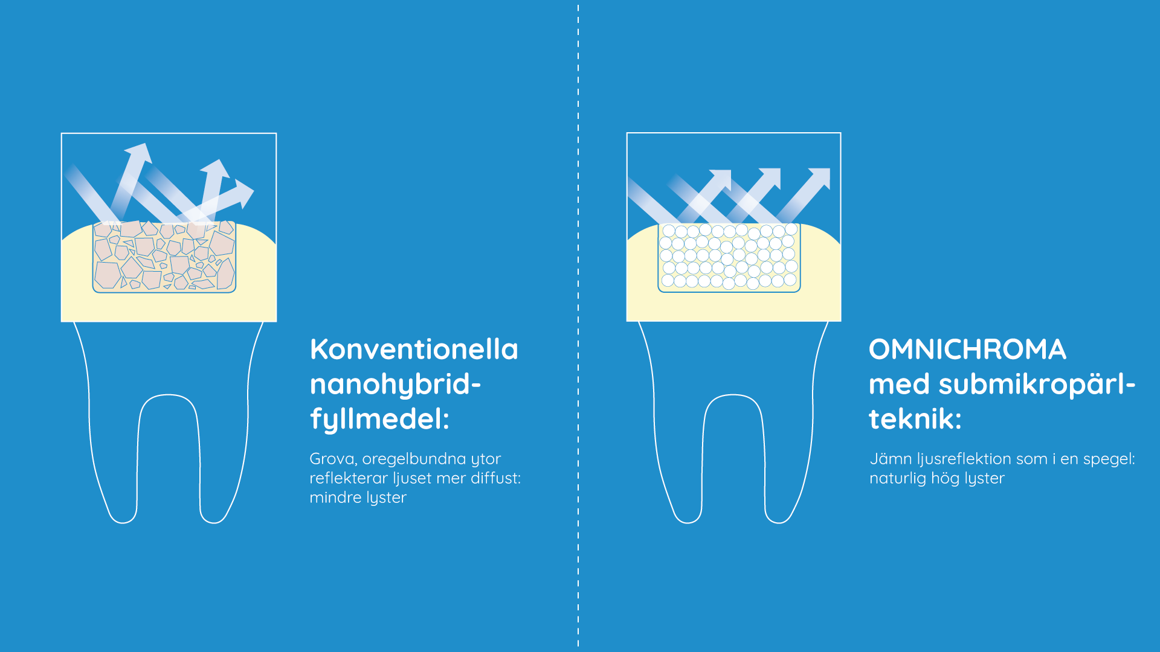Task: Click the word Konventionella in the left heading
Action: [414, 350]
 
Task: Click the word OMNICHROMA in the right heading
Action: [967, 350]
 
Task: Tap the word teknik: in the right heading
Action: [915, 418]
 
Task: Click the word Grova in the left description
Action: [333, 459]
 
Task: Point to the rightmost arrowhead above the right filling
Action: [820, 178]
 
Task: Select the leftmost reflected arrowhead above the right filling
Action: [721, 180]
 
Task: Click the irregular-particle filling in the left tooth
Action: [164, 257]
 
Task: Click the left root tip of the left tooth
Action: [123, 522]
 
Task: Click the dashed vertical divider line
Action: [578, 326]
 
